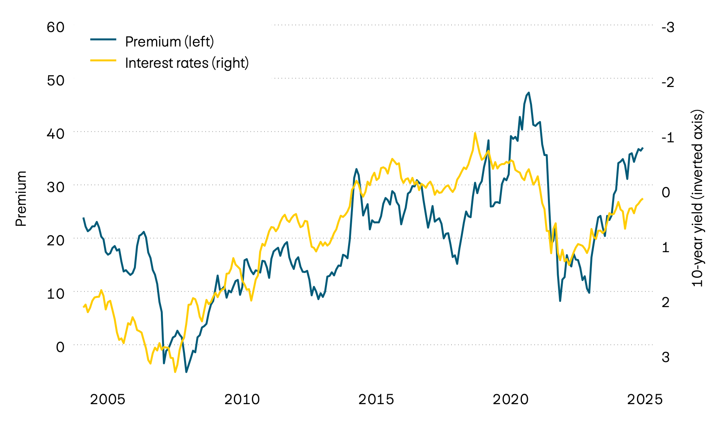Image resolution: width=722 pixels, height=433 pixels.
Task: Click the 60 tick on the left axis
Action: point(55,27)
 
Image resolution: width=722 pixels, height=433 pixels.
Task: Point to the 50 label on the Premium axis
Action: point(55,81)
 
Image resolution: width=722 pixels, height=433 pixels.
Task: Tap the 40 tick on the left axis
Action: point(55,134)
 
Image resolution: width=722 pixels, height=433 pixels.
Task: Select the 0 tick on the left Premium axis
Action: point(60,347)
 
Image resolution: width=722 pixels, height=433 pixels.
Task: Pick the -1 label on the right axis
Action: point(667,138)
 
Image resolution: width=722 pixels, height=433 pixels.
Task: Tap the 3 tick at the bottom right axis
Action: point(666,357)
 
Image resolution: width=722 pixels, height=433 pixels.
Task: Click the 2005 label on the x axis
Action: point(107,399)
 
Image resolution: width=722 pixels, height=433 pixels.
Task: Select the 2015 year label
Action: point(376,399)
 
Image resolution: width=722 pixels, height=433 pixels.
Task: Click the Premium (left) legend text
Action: point(169,42)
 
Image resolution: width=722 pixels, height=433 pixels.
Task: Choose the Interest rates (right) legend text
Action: point(187,63)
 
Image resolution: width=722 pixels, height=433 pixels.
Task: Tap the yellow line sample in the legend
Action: point(103,61)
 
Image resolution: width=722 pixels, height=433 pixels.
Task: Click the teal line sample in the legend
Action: point(103,39)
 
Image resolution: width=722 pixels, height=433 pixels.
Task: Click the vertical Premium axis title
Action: point(21,198)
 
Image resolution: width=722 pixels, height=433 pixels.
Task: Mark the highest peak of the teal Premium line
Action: point(529,93)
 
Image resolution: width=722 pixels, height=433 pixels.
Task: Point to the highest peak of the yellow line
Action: point(475,133)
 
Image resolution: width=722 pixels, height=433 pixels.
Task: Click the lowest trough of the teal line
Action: point(186,372)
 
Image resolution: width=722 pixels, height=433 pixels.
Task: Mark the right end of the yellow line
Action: point(643,199)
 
